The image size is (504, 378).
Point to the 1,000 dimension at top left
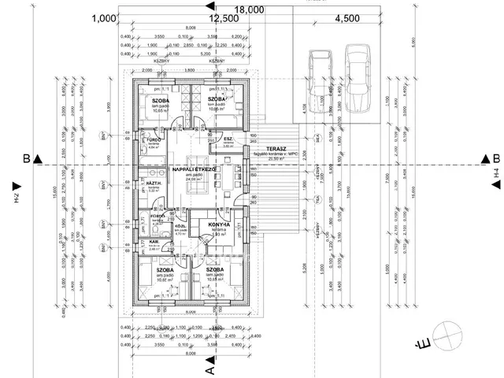click(103, 18)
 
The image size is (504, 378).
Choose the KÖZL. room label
click(180, 226)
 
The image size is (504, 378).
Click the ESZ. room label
click(228, 139)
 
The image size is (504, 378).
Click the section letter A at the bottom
click(209, 368)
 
